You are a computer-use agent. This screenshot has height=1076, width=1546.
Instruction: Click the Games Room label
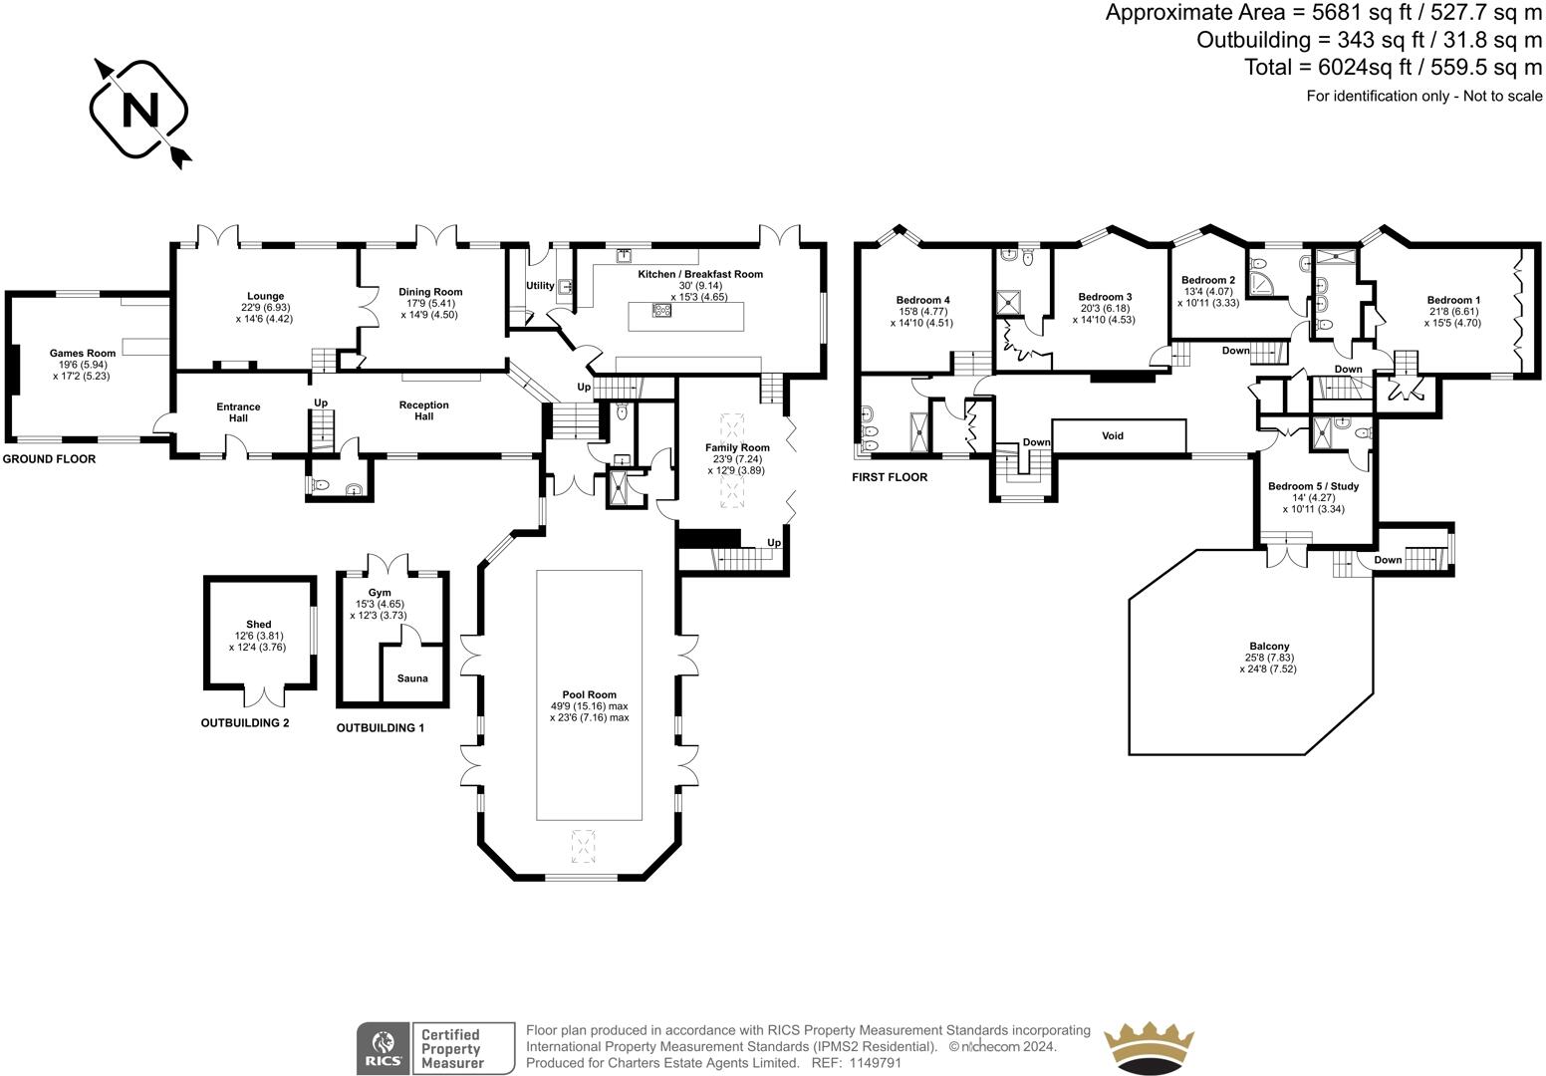[83, 353]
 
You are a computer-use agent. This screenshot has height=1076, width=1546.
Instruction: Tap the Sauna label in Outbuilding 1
[412, 678]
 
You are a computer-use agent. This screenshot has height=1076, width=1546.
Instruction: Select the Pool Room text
[589, 694]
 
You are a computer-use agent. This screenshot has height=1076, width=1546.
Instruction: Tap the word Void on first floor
[1113, 436]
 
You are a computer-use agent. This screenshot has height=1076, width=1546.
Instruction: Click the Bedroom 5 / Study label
[1313, 486]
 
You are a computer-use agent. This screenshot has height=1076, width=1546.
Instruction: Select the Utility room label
[540, 287]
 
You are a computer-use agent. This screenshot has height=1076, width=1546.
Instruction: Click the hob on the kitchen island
[661, 311]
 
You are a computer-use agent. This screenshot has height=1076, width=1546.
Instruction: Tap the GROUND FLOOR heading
[49, 459]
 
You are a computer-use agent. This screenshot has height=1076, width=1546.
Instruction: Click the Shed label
[259, 625]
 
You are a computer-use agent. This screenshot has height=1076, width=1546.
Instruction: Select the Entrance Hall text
[238, 406]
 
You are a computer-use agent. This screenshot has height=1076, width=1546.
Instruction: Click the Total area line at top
[1393, 67]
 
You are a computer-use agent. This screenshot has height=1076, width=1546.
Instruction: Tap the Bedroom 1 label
[1453, 300]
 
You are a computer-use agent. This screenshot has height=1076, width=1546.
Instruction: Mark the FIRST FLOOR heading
[889, 477]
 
